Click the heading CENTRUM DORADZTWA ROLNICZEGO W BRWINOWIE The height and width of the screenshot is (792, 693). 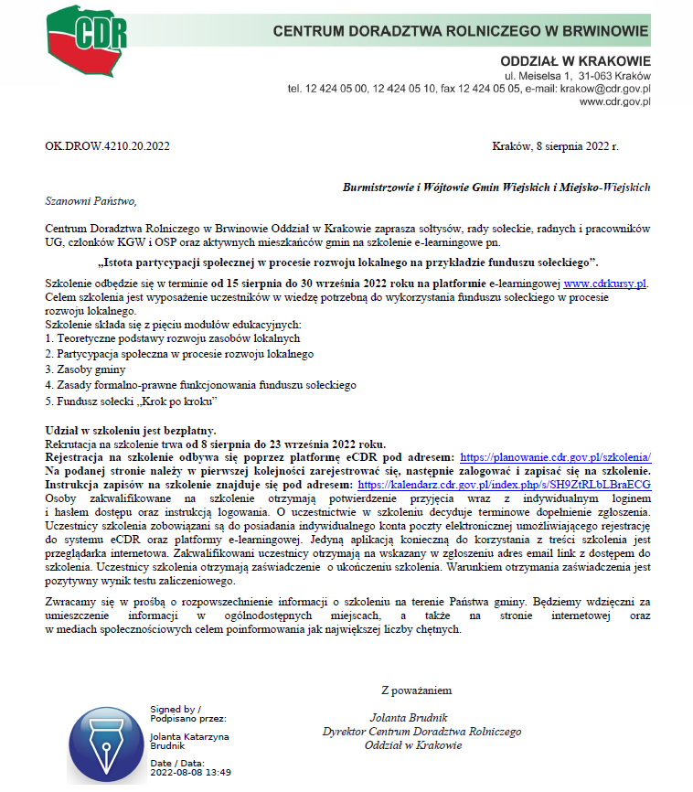tap(461, 33)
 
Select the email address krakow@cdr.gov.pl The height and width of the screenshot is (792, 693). tap(607, 89)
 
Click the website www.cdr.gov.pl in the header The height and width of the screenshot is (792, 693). tap(614, 102)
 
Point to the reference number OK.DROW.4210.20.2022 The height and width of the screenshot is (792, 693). tap(107, 146)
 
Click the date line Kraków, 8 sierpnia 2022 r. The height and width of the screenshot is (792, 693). tap(555, 146)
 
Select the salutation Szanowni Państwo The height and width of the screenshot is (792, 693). tap(90, 200)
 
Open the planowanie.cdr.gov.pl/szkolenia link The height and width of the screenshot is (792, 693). tap(555, 455)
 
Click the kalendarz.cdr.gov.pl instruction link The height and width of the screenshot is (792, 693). tap(504, 484)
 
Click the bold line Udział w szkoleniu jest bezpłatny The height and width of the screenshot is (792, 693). tap(132, 430)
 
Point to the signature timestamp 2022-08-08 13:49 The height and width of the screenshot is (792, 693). tap(190, 772)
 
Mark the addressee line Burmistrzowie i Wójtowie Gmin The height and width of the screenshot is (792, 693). tap(496, 187)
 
